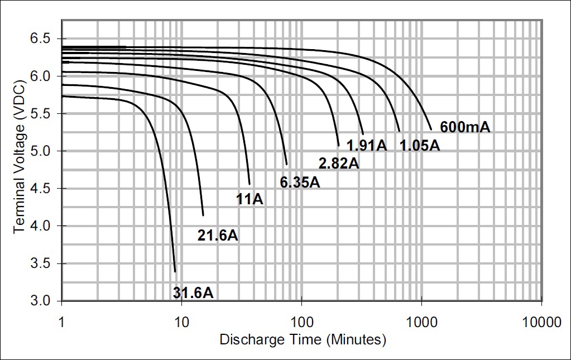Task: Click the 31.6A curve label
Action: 193,292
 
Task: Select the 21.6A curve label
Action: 218,235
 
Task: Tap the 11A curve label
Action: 249,199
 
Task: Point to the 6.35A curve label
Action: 300,182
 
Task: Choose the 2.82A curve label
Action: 339,163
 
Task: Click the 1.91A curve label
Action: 367,145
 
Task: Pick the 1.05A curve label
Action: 420,145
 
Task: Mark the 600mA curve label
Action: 465,127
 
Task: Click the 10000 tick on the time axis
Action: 541,322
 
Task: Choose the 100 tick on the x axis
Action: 301,322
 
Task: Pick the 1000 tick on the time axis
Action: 421,322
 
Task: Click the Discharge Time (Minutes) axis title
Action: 303,339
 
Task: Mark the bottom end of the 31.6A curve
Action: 175,272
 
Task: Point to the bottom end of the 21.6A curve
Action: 203,215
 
